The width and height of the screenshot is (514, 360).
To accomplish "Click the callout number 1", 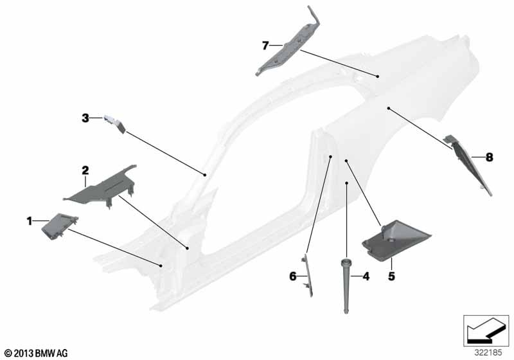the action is click(x=30, y=221).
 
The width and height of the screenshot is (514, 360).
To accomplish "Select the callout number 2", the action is click(x=85, y=170).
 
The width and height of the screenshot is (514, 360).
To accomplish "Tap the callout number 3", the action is click(x=85, y=118).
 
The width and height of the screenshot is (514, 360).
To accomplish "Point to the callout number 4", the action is click(x=366, y=276).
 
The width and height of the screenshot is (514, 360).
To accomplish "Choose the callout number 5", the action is click(x=391, y=276).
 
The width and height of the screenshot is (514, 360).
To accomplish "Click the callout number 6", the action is click(x=293, y=276).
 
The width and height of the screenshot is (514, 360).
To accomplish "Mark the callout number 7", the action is click(x=265, y=46).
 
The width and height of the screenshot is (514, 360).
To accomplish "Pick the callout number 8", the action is click(x=489, y=157).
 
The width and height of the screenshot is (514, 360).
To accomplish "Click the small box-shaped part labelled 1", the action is click(x=59, y=226).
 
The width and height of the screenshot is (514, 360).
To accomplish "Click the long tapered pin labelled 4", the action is click(x=346, y=285).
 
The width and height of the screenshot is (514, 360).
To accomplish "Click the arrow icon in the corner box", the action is click(x=486, y=330).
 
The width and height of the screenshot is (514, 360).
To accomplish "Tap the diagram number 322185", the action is click(x=488, y=353).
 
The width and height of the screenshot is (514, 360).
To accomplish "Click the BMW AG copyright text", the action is click(x=37, y=354).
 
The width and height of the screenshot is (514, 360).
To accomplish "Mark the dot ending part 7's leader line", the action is click(x=378, y=76).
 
